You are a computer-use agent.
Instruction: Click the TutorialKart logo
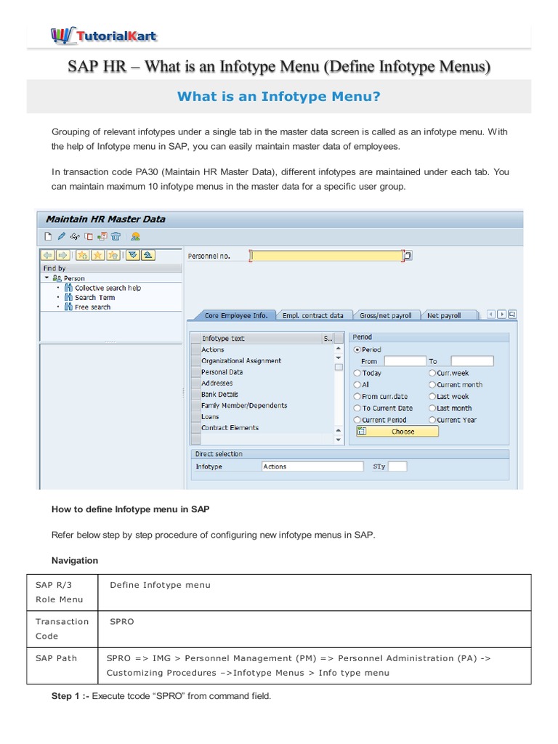(x=103, y=35)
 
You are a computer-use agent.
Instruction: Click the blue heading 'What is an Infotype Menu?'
(x=279, y=96)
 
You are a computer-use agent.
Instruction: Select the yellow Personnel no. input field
(x=326, y=256)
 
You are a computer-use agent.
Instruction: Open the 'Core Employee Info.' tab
(x=235, y=315)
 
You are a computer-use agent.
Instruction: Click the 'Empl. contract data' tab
(x=312, y=315)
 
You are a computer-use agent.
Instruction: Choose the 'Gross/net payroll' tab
(x=385, y=315)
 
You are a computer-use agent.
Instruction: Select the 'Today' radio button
(x=357, y=373)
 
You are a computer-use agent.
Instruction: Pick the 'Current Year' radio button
(x=432, y=420)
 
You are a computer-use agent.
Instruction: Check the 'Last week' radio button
(x=432, y=397)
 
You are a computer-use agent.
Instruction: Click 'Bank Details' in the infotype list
(x=219, y=395)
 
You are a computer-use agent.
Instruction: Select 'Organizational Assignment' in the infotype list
(x=241, y=361)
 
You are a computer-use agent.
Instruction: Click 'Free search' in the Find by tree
(x=92, y=307)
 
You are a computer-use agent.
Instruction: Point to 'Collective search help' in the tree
(x=108, y=288)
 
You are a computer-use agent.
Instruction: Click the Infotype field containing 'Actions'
(x=312, y=466)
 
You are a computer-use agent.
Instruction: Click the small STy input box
(x=397, y=466)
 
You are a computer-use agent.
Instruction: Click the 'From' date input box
(x=404, y=361)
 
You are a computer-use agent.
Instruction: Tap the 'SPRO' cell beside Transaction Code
(x=122, y=622)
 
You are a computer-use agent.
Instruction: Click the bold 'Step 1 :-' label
(x=70, y=696)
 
